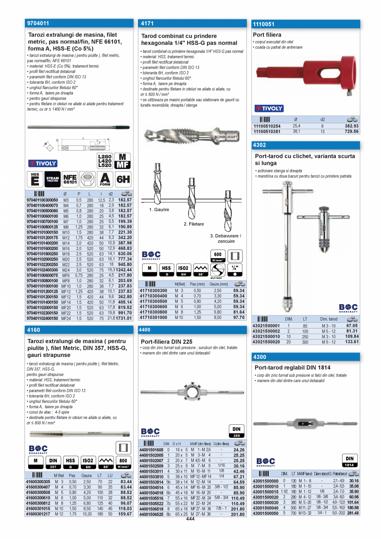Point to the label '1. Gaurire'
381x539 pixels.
(x=159, y=210)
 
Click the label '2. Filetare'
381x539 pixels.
(x=193, y=224)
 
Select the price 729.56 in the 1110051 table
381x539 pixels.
(x=350, y=132)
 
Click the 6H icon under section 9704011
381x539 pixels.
(x=123, y=179)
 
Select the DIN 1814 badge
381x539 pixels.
(x=350, y=461)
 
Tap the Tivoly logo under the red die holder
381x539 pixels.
(x=269, y=109)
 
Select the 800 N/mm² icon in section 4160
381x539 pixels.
(x=123, y=462)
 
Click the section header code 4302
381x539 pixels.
(x=260, y=145)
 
